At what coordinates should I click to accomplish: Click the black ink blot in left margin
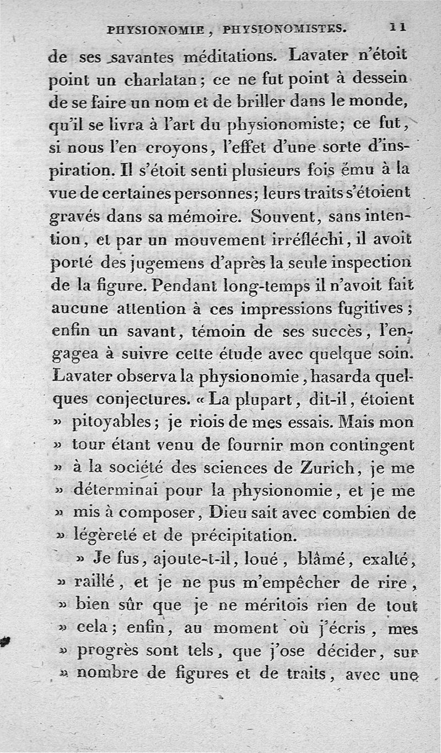tap(7, 641)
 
